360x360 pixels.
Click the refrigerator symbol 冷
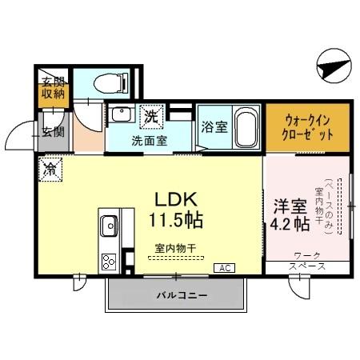click(50, 168)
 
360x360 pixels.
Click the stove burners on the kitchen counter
click(108, 259)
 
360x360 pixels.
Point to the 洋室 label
click(288, 205)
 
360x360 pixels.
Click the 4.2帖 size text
click(289, 225)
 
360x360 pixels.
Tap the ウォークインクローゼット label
click(309, 128)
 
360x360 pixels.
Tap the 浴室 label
click(212, 126)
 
